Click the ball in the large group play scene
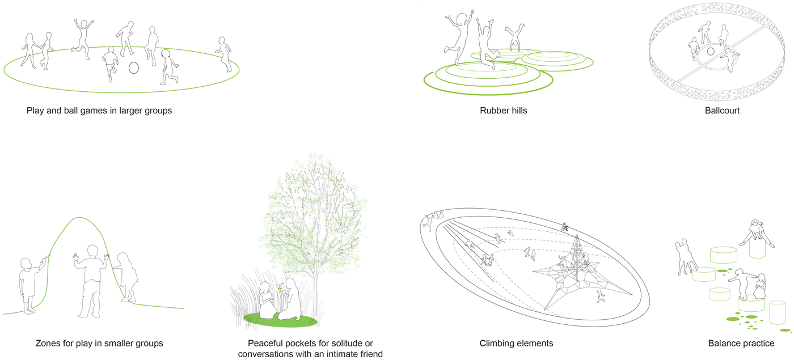134,67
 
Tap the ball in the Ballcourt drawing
711,52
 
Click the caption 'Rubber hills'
504,111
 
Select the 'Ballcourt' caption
722,111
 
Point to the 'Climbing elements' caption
516,344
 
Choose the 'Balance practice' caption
741,344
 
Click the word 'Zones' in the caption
47,344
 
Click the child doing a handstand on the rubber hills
515,37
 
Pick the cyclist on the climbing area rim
565,227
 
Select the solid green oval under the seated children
280,320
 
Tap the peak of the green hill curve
79,217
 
